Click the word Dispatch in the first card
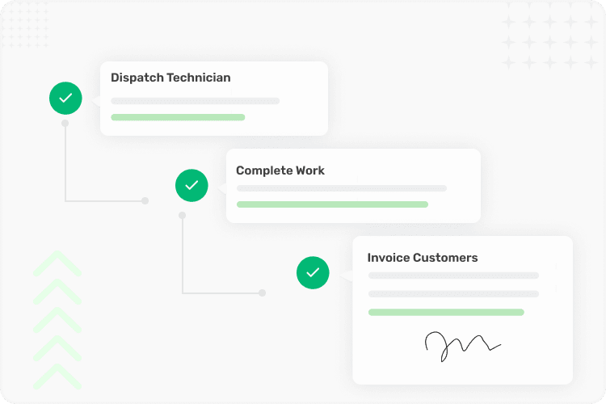point(137,78)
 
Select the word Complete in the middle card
point(264,170)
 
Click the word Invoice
point(389,258)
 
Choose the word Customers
point(445,258)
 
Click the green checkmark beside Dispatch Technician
point(65,99)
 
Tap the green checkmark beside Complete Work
point(191,186)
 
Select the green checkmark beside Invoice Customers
point(313,273)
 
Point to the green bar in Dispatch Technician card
point(178,117)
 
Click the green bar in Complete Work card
point(332,204)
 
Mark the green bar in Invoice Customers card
point(446,313)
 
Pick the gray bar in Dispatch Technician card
point(196,101)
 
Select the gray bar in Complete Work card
point(342,188)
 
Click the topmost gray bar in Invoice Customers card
point(453,276)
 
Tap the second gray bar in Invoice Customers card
point(453,294)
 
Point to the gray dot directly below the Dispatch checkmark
point(65,124)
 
